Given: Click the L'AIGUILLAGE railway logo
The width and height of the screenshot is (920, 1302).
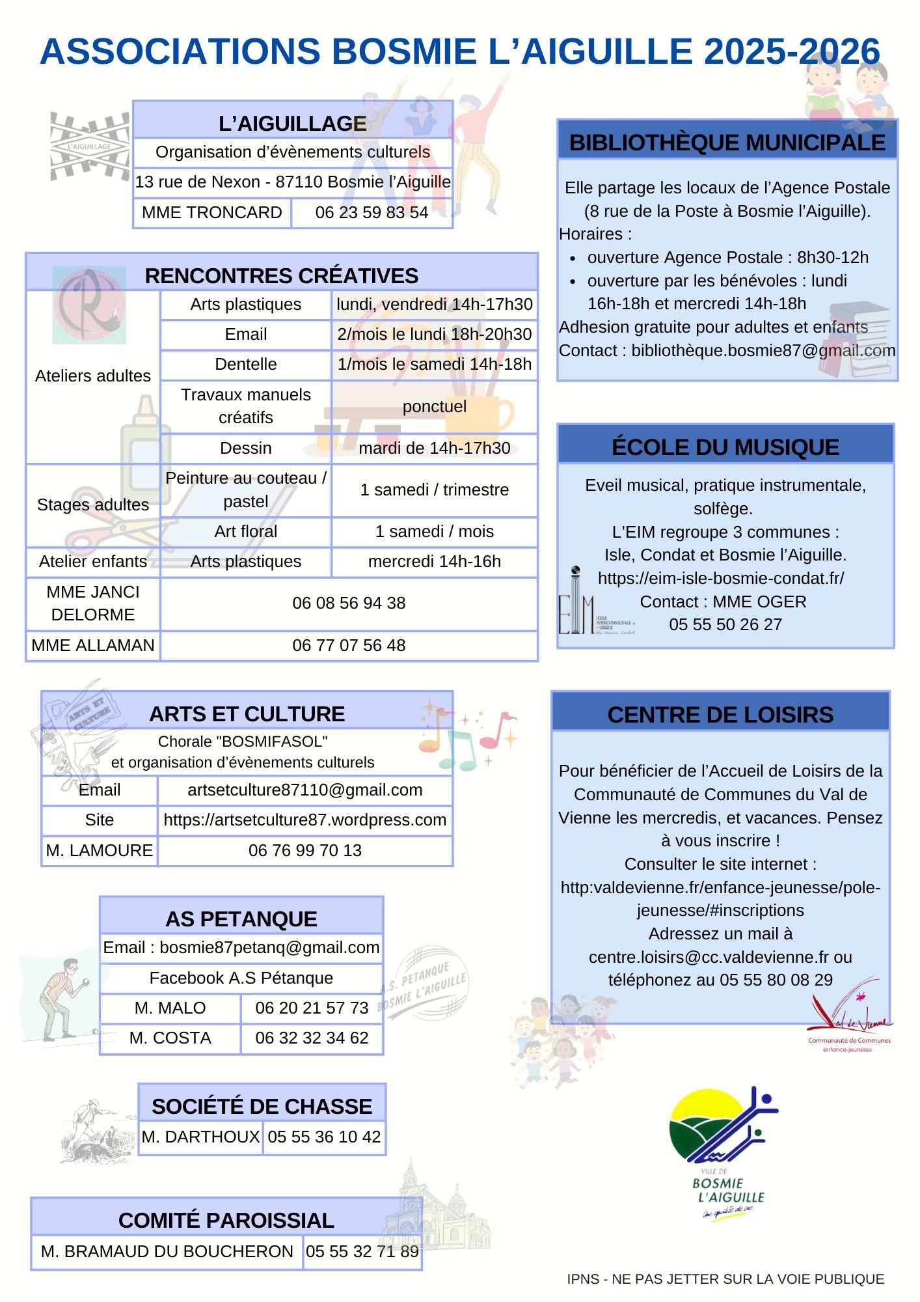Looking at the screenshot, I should tap(90, 146).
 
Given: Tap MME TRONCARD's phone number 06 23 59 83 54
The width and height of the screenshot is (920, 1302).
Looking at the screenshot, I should tap(372, 213).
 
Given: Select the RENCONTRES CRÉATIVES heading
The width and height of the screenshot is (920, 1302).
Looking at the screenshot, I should tap(281, 275).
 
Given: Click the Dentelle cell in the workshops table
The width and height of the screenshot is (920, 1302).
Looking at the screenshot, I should tap(246, 365).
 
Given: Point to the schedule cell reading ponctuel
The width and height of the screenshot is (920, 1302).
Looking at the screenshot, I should tap(434, 407).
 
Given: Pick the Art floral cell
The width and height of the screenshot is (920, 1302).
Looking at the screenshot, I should tap(246, 532).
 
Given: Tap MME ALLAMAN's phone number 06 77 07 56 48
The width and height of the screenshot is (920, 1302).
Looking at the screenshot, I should tap(349, 645).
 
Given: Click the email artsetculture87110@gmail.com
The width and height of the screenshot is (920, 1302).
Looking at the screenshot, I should tap(304, 790).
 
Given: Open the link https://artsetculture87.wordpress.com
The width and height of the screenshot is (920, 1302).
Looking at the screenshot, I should tap(304, 820).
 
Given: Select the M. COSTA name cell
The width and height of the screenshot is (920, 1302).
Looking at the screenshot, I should tap(170, 1038).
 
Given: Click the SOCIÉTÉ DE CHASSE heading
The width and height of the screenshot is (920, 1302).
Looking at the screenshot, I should tap(262, 1107).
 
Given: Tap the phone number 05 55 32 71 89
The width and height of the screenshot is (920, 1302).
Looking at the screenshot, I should tap(362, 1252).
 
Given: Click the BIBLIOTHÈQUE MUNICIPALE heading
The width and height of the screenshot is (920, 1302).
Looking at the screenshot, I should tap(727, 142).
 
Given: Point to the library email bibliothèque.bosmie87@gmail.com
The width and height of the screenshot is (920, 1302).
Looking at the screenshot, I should tap(763, 351).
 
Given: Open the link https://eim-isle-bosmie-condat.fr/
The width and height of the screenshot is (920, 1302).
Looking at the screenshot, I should tap(721, 579).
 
